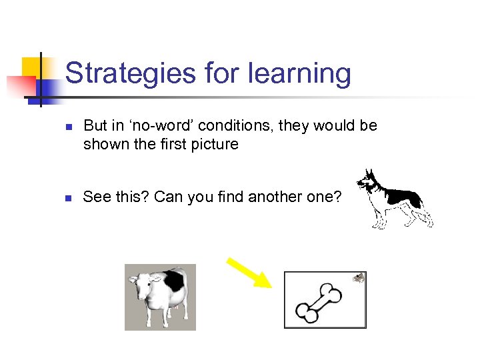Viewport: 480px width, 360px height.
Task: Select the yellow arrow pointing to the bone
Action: click(x=249, y=272)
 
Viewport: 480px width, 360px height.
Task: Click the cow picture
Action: click(x=160, y=297)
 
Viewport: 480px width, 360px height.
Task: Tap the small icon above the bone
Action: click(x=358, y=278)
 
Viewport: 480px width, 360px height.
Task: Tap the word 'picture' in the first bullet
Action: click(x=215, y=143)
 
